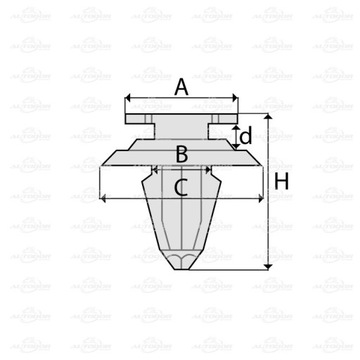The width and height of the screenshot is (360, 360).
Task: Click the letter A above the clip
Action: pos(181,88)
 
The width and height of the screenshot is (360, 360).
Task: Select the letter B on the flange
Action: pos(181,153)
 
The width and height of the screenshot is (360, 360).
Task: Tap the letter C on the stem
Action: pos(181,185)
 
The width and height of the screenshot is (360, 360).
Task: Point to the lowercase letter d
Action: pos(246,135)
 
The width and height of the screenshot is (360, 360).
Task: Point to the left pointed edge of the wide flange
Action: pos(103,160)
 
